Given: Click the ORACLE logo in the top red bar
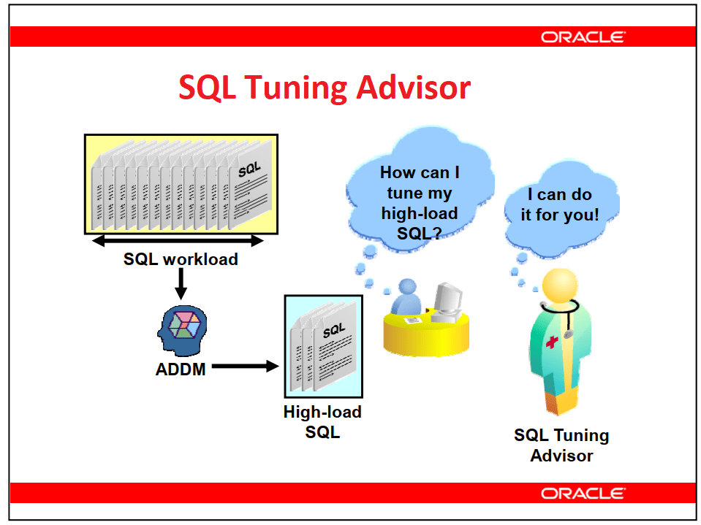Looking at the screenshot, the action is coord(583,37).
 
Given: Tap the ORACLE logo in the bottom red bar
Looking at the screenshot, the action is coord(583,494).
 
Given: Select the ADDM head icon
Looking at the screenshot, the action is coord(183,331).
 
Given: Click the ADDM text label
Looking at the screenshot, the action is coord(181,369).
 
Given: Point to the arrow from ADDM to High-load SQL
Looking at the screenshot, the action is coord(246,367).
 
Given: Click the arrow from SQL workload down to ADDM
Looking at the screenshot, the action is coord(181,284).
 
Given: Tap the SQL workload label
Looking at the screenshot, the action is coord(181,259).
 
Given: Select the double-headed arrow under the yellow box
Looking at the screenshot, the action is coord(178,241).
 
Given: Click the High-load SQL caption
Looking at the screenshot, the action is coord(322,422).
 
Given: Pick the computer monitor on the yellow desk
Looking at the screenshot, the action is coord(447,302).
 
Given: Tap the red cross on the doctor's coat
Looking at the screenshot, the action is coord(552,342).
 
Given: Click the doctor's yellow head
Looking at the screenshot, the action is coord(560,286).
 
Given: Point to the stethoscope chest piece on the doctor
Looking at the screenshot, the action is coord(568,334).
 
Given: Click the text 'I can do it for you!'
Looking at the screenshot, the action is coord(560,204).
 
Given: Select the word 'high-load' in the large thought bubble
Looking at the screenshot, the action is coord(420,213).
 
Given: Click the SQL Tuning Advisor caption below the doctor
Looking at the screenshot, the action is coord(561,445).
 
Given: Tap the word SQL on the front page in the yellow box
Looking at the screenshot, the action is coord(249,169).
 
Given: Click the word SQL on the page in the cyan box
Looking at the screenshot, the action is coord(334,330).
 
